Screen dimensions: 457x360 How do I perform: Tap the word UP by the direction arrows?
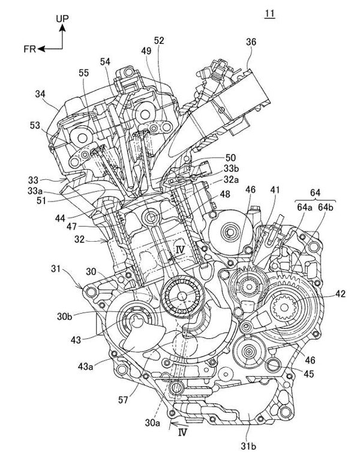point(63,19)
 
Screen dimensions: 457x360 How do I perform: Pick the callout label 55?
point(83,74)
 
